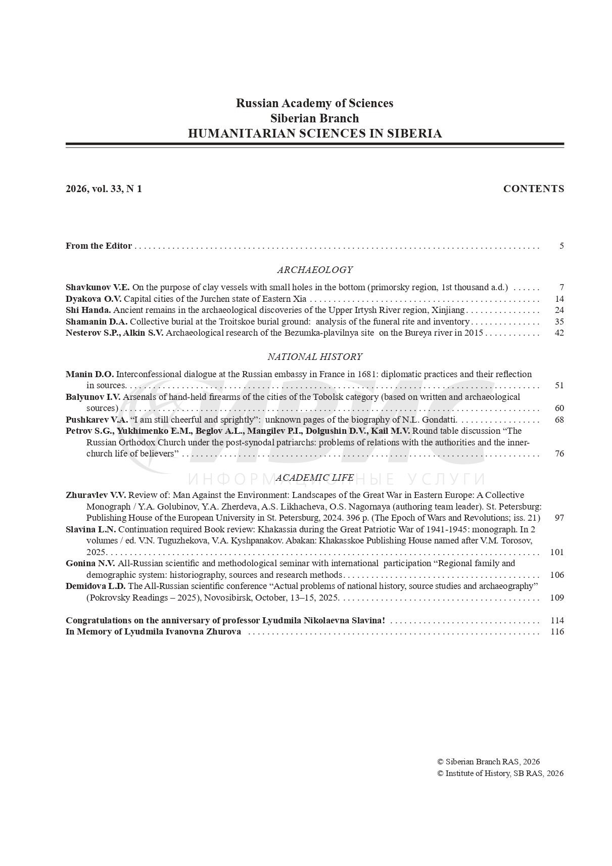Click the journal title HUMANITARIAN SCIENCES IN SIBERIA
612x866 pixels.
[314, 133]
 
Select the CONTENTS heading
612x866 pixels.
[533, 189]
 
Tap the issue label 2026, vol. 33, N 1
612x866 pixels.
[104, 189]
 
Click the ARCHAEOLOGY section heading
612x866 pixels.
[314, 270]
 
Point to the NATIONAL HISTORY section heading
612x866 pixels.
[314, 357]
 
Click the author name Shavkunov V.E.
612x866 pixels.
[98, 288]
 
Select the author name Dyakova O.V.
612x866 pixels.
[93, 299]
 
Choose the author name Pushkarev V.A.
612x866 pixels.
[97, 420]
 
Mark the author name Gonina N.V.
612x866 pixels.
[90, 564]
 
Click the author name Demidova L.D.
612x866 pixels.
[96, 586]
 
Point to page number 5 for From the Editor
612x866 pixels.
[561, 246]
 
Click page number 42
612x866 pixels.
[559, 333]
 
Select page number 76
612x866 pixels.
[559, 454]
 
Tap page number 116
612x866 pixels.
[557, 632]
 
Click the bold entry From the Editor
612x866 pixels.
[99, 246]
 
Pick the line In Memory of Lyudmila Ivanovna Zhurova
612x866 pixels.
[153, 632]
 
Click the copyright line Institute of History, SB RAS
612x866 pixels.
[500, 773]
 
